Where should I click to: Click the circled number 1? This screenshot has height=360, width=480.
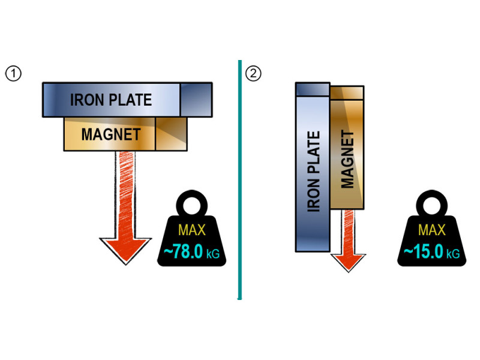(14, 74)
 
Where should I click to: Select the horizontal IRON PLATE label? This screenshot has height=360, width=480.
(111, 100)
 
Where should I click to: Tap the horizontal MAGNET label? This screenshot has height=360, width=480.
(110, 134)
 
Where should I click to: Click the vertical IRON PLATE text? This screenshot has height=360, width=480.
(313, 171)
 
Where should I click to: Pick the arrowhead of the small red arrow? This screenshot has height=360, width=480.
(348, 260)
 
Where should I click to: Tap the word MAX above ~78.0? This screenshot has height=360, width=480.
(191, 230)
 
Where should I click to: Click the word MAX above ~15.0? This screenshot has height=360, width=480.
(431, 230)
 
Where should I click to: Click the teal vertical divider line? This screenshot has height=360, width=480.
(239, 180)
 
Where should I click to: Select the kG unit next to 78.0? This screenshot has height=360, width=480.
(213, 255)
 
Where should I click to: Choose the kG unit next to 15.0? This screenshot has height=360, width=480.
(452, 255)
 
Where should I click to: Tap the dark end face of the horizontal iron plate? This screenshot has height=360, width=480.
(195, 100)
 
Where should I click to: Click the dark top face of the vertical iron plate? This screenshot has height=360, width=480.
(312, 89)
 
